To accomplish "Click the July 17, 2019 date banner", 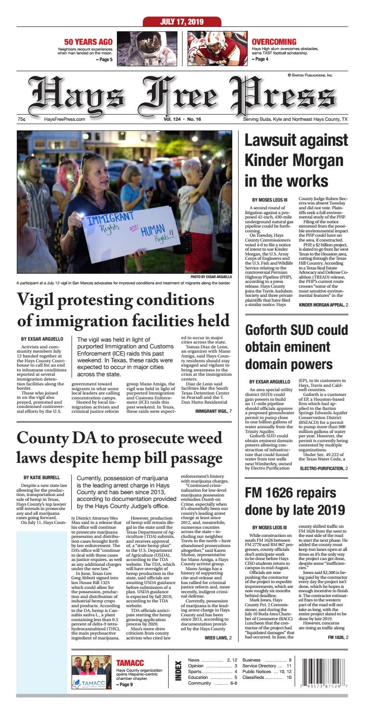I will tap(182, 22).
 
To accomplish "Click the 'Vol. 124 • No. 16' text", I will tap(182, 119).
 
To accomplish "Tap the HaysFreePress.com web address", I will tap(64, 119).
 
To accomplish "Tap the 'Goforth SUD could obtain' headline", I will tap(296, 353).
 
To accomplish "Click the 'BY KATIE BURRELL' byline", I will tap(41, 464).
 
